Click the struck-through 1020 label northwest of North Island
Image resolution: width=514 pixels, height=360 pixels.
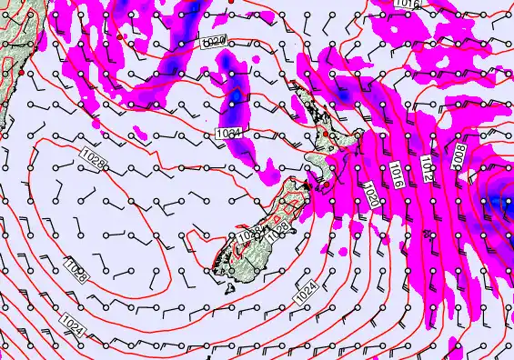(213, 42)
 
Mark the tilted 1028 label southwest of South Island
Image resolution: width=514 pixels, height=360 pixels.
(76, 269)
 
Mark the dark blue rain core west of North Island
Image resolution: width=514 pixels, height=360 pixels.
(236, 95)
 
